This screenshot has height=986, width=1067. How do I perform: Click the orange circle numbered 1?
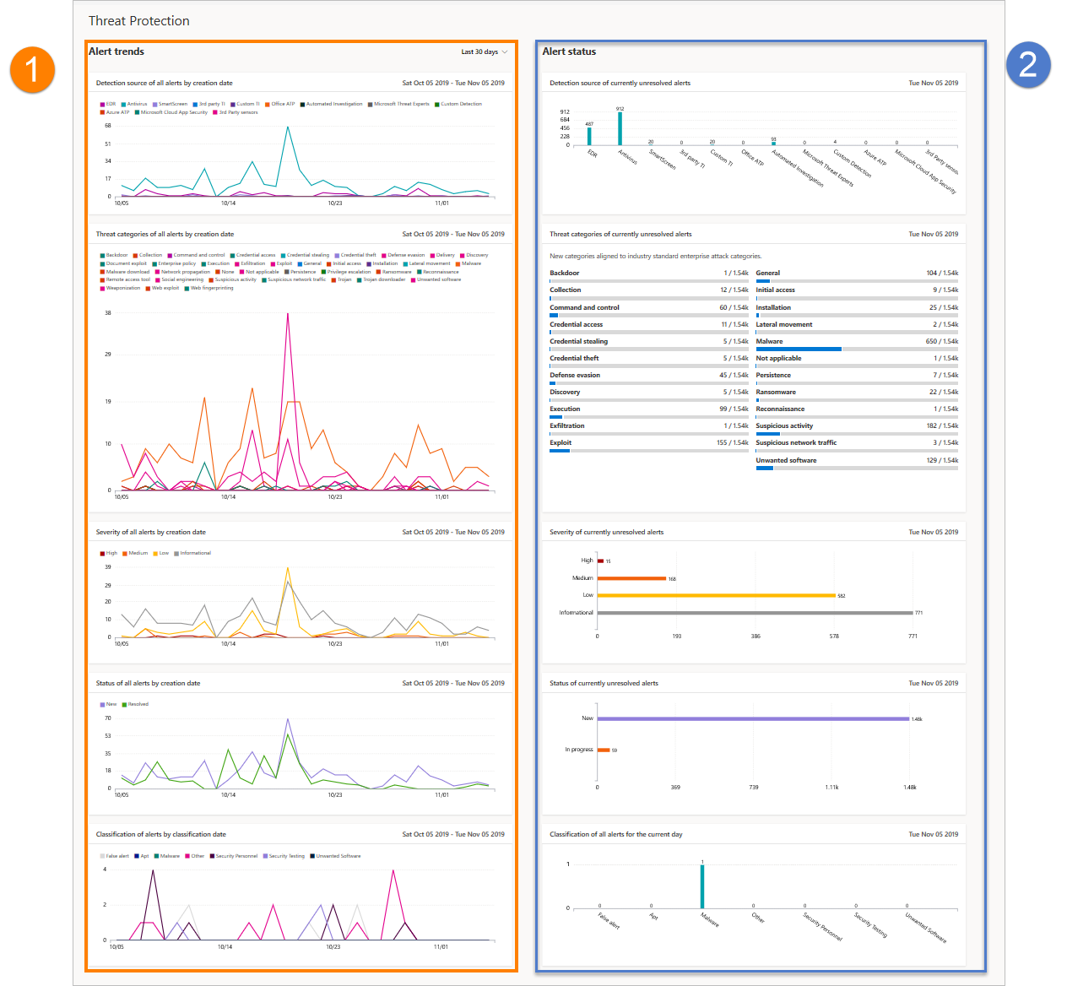click(x=32, y=69)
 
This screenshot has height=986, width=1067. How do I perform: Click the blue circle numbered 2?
click(x=1027, y=65)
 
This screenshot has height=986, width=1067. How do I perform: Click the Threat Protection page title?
click(x=139, y=21)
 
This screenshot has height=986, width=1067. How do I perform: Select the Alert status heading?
click(x=569, y=51)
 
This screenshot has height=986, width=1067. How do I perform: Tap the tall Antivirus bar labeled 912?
click(x=620, y=128)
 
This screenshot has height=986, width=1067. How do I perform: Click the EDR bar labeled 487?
click(x=589, y=136)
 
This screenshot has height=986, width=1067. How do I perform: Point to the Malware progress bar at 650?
click(x=799, y=349)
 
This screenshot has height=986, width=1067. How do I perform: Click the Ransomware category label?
click(x=776, y=392)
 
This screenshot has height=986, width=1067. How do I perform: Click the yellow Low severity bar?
click(x=717, y=595)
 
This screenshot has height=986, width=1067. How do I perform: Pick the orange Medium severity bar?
click(x=632, y=578)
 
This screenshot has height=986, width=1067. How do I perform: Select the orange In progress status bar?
click(x=604, y=750)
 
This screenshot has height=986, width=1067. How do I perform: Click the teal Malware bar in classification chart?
click(x=702, y=886)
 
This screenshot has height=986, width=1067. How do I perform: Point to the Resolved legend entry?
click(x=138, y=704)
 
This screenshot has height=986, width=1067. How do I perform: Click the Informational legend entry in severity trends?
click(x=195, y=553)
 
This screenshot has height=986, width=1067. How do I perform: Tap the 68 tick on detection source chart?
click(x=108, y=126)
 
